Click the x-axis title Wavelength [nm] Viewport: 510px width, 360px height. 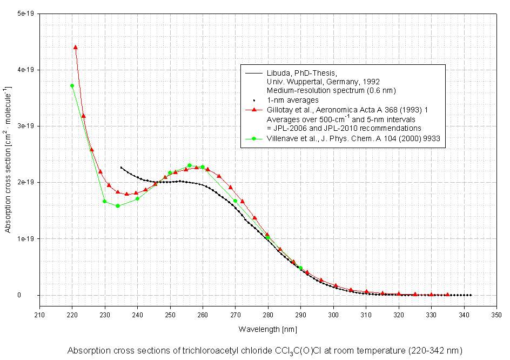pyautogui.click(x=268, y=329)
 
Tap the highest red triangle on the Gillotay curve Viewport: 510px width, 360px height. pyautogui.click(x=76, y=48)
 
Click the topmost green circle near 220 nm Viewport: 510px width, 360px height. pyautogui.click(x=72, y=86)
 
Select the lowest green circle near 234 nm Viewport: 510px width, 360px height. pyautogui.click(x=118, y=206)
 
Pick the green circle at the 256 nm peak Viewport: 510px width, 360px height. pyautogui.click(x=190, y=165)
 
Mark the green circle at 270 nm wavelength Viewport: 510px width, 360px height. pyautogui.click(x=235, y=201)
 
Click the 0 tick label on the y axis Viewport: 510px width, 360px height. pyautogui.click(x=33, y=295)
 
